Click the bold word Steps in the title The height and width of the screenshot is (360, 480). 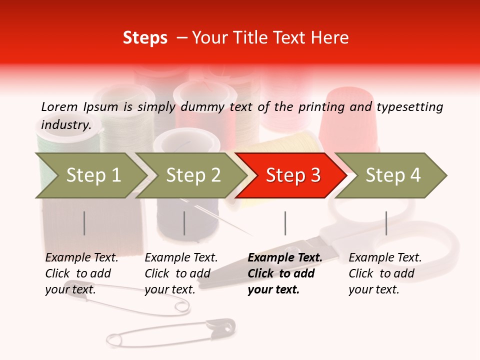tap(145, 38)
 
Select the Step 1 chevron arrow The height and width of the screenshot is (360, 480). tap(90, 175)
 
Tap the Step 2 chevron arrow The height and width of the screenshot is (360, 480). tap(191, 175)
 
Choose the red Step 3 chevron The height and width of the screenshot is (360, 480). tap(291, 175)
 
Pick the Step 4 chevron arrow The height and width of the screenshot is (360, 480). tap(391, 175)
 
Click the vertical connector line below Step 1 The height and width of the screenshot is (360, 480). tap(84, 223)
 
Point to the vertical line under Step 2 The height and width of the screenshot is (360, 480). tap(184, 223)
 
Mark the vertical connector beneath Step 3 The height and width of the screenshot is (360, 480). tap(285, 223)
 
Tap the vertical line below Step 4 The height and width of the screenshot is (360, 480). tap(386, 223)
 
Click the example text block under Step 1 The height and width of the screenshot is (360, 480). tap(81, 273)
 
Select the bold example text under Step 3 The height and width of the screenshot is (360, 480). tap(285, 273)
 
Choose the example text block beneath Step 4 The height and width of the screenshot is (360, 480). tap(385, 273)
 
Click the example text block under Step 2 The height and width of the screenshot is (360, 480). tap(181, 273)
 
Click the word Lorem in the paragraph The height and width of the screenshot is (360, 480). tap(59, 106)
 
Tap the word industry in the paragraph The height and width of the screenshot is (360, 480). tap(65, 124)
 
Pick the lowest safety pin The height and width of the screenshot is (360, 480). tap(170, 334)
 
